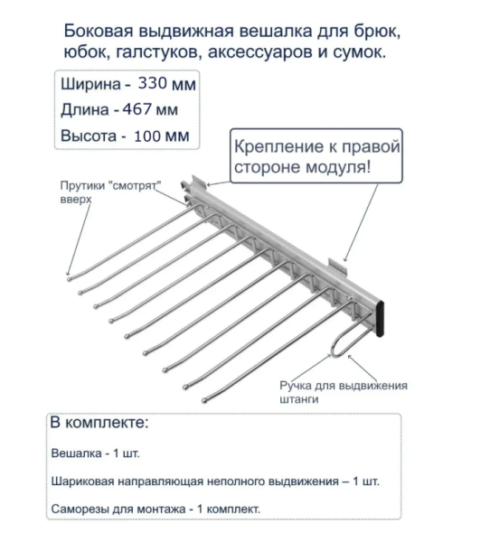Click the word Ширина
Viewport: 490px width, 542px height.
89,85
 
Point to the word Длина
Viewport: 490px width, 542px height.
86,111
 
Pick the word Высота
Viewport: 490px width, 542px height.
88,137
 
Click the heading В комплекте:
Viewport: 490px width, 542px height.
99,423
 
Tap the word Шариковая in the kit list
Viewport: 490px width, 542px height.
85,481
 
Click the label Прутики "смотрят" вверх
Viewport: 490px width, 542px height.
109,189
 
